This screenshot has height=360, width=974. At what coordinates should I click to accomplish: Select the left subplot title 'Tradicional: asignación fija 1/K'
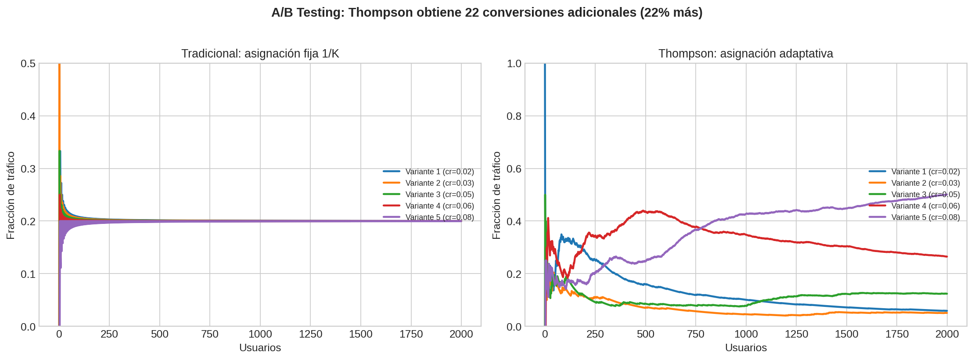pos(260,54)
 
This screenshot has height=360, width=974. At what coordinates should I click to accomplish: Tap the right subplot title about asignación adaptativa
pos(745,54)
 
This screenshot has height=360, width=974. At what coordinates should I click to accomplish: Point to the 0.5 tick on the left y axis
pos(28,64)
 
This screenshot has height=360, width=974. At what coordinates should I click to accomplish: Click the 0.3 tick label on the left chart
pos(28,169)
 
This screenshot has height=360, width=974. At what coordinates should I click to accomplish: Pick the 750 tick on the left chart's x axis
pos(210,334)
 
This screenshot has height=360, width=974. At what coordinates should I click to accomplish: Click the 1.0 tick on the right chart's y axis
pos(514,64)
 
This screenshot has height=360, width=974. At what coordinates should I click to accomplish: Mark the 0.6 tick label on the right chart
pos(514,169)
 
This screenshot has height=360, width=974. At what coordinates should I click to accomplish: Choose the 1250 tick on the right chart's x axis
pos(796,334)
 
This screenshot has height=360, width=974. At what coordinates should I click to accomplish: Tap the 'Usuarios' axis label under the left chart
pos(260,348)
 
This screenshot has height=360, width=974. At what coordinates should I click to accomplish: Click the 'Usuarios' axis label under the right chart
pos(745,348)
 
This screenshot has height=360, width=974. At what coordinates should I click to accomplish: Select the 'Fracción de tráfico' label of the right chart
pos(496,195)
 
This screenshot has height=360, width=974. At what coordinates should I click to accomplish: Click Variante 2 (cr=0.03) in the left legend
pos(439,183)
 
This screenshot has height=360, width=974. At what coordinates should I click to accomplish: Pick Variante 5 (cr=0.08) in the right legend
pos(925,217)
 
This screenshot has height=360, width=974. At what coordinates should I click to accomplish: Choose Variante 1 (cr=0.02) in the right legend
pos(925,172)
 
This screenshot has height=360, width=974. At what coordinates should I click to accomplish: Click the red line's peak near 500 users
pos(643,211)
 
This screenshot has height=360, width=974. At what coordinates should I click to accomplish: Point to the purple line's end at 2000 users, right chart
pos(947,194)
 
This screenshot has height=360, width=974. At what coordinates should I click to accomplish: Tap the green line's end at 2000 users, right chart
pos(947,294)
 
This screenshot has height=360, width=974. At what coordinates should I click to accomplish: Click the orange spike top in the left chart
pos(59,65)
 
